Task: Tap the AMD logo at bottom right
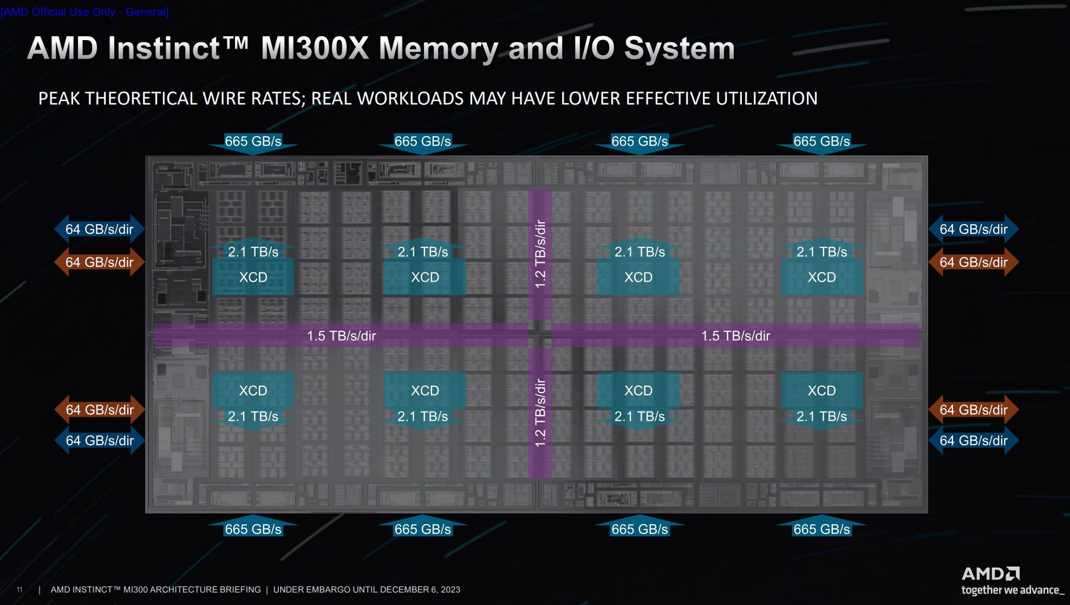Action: coord(990,574)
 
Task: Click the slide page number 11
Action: coord(19,590)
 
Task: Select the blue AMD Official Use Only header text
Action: coord(84,12)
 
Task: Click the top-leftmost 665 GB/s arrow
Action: coord(253,142)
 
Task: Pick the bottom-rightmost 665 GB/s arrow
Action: coord(821,529)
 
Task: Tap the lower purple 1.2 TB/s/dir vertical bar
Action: coord(540,413)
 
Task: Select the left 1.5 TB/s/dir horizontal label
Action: coord(341,336)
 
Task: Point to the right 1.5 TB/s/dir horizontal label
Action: coord(735,336)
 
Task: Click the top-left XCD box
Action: coord(253,277)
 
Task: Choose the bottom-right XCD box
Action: coord(821,391)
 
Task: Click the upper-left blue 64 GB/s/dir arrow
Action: coord(100,229)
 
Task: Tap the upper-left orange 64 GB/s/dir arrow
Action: coord(100,262)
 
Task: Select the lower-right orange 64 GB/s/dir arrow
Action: coord(973,410)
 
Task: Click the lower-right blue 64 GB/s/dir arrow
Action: coord(973,441)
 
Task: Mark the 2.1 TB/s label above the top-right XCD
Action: coord(821,252)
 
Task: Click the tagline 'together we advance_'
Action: coord(1012,590)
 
